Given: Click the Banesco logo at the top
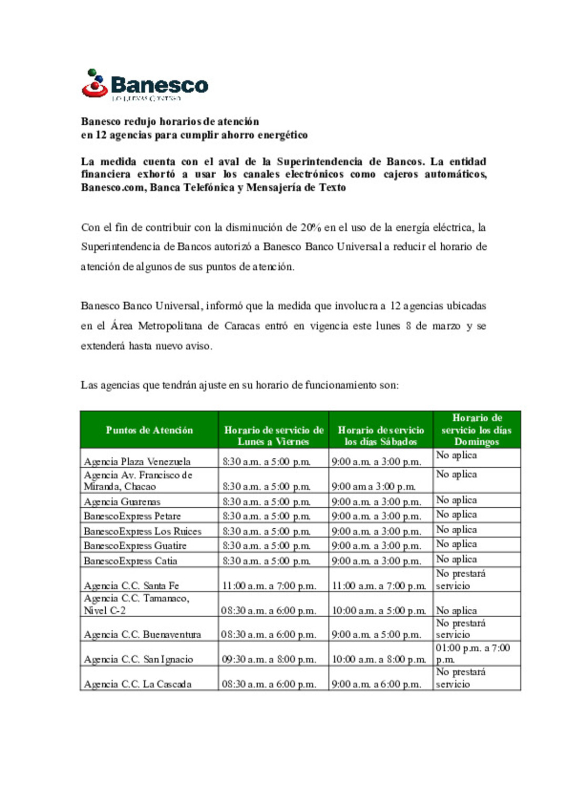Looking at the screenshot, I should pos(145,84).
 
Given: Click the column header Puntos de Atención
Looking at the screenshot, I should pos(149,430).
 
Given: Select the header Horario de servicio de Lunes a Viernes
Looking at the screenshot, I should pos(273,436).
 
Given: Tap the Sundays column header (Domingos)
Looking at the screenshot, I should pos(477,430).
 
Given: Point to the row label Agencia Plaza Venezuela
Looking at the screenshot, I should pos(137,461).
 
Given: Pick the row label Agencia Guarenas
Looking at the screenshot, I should pos(122,501).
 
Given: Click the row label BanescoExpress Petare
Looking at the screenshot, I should pos(132,516).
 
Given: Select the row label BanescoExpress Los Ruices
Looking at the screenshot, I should pos(143,531).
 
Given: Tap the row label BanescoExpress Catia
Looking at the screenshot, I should pos(130,561).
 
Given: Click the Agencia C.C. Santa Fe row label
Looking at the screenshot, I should pos(131,586).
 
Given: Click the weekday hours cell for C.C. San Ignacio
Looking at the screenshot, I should pos(269,659).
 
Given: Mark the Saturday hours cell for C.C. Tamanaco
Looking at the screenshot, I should pos(379,610).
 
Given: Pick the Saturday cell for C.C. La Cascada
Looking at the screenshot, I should pos(376,684).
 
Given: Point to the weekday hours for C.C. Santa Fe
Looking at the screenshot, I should pos(269,586).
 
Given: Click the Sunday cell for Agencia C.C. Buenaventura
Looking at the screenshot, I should pos(461,629).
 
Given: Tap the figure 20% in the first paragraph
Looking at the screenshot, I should pos(311,227).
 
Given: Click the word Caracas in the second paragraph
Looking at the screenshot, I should pos(242,326).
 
